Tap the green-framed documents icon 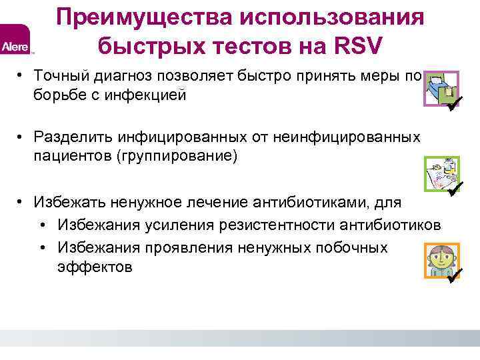click(x=439, y=174)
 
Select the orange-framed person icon click(x=439, y=259)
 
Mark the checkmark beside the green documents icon click(x=456, y=188)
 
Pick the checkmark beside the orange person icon click(x=456, y=273)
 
